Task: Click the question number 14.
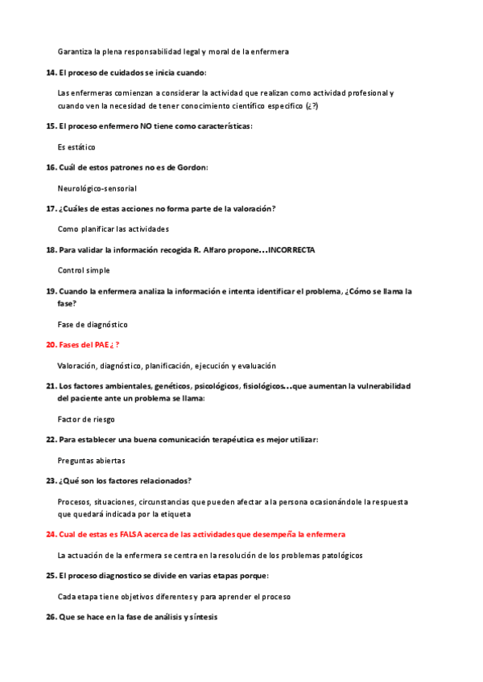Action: (x=51, y=73)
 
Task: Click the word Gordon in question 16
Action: (x=192, y=167)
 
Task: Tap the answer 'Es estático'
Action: (x=76, y=147)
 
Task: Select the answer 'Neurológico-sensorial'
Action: (x=97, y=188)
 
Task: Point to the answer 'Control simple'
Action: (x=84, y=270)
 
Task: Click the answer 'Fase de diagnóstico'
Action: (x=93, y=325)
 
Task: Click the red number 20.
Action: (x=51, y=345)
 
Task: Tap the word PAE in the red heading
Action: (x=99, y=345)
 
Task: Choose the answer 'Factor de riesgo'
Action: (x=86, y=420)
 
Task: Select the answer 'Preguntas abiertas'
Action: (x=91, y=461)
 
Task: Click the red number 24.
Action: (x=51, y=535)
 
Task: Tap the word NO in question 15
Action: (x=147, y=126)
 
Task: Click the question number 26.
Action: (x=51, y=617)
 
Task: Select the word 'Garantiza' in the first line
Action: (x=75, y=51)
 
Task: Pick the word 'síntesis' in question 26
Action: (x=201, y=617)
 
